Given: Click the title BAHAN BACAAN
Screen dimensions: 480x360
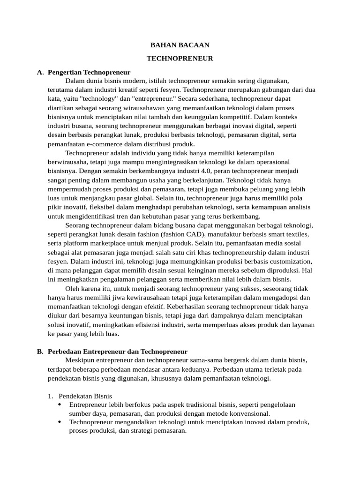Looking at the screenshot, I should [x=180, y=45].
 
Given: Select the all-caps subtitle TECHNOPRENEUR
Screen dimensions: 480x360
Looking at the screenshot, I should [x=180, y=59].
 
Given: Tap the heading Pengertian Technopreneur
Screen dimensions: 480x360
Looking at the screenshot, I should [x=89, y=72].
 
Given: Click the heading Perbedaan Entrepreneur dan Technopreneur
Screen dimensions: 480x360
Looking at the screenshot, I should [x=118, y=351].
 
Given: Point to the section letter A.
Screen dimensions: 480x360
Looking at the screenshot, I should [x=40, y=72].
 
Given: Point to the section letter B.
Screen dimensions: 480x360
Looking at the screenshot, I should [x=40, y=351].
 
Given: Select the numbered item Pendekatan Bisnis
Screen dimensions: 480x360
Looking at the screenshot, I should [x=85, y=396].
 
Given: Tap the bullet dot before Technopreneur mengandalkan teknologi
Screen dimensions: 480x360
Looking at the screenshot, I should [x=60, y=422].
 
